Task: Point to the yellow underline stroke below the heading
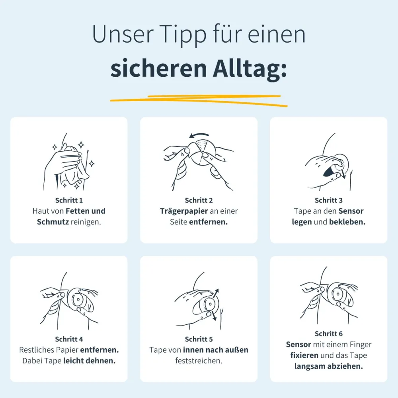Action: coord(199,101)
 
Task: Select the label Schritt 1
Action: coord(69,200)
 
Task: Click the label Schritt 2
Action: coord(199,200)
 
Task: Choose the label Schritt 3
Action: coord(329,200)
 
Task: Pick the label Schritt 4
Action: coord(69,339)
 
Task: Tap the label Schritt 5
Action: coord(199,339)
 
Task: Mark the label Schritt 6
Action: coord(329,334)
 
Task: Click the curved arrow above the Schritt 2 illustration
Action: coord(199,135)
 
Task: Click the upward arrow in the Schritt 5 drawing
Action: coord(215,294)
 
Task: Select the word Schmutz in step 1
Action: coord(53,222)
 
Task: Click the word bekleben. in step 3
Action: coord(347,222)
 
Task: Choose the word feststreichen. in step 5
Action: coord(199,361)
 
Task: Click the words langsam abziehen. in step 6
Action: coord(329,366)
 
